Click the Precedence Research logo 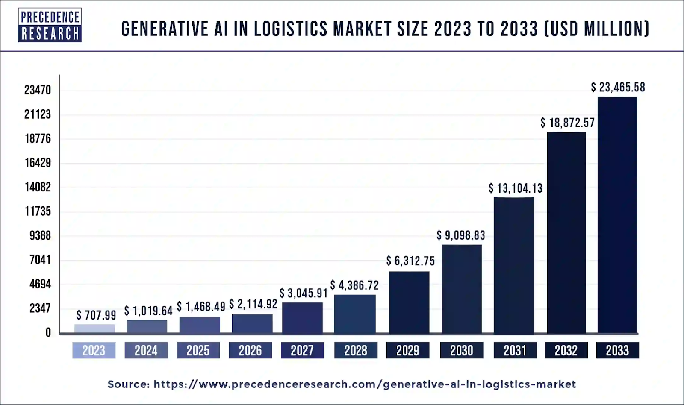pyautogui.click(x=50, y=25)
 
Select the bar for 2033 pyautogui.click(x=617, y=215)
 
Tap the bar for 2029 pyautogui.click(x=409, y=302)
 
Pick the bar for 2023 pyautogui.click(x=94, y=329)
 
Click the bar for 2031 pyautogui.click(x=514, y=265)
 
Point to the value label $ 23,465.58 pyautogui.click(x=618, y=88)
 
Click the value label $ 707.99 pyautogui.click(x=96, y=315)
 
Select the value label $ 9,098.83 pyautogui.click(x=461, y=235)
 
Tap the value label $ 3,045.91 pyautogui.click(x=304, y=293)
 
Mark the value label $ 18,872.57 pyautogui.click(x=567, y=123)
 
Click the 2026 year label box pyautogui.click(x=250, y=351)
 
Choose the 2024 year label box pyautogui.click(x=146, y=351)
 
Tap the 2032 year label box pyautogui.click(x=566, y=351)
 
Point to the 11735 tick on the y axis pyautogui.click(x=38, y=211)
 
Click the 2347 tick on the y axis pyautogui.click(x=40, y=308)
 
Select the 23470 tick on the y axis pyautogui.click(x=38, y=90)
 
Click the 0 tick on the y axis pyautogui.click(x=48, y=333)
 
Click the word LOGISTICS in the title pyautogui.click(x=291, y=29)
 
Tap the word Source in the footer pyautogui.click(x=128, y=384)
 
